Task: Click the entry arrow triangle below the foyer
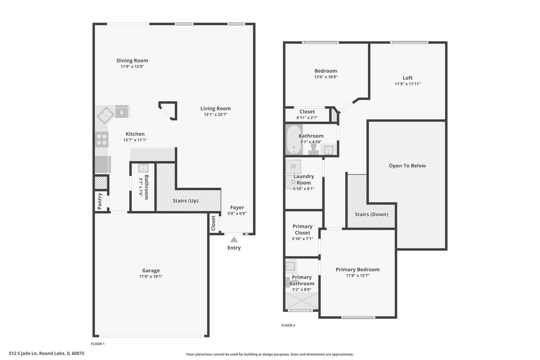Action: [x=234, y=240]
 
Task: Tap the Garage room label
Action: [x=151, y=270]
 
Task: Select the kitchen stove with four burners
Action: [x=102, y=139]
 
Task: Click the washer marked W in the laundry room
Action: [x=293, y=166]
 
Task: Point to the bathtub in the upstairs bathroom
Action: [x=294, y=139]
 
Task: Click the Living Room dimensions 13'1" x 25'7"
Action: [x=216, y=115]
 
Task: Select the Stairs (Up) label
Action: [x=185, y=201]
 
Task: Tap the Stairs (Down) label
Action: [x=371, y=214]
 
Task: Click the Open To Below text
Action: [x=407, y=166]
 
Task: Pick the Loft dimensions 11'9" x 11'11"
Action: [x=407, y=84]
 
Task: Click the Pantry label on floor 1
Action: [x=100, y=201]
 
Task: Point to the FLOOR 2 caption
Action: [x=288, y=325]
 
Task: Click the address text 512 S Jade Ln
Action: [x=23, y=353]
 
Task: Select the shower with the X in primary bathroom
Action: [x=302, y=301]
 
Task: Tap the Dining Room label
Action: [x=132, y=60]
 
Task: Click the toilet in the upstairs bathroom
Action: [x=313, y=149]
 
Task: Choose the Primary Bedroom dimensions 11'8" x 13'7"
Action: [x=357, y=275]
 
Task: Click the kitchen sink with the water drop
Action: [x=121, y=112]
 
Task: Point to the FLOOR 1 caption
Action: [x=98, y=344]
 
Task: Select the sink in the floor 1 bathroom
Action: [x=143, y=168]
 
